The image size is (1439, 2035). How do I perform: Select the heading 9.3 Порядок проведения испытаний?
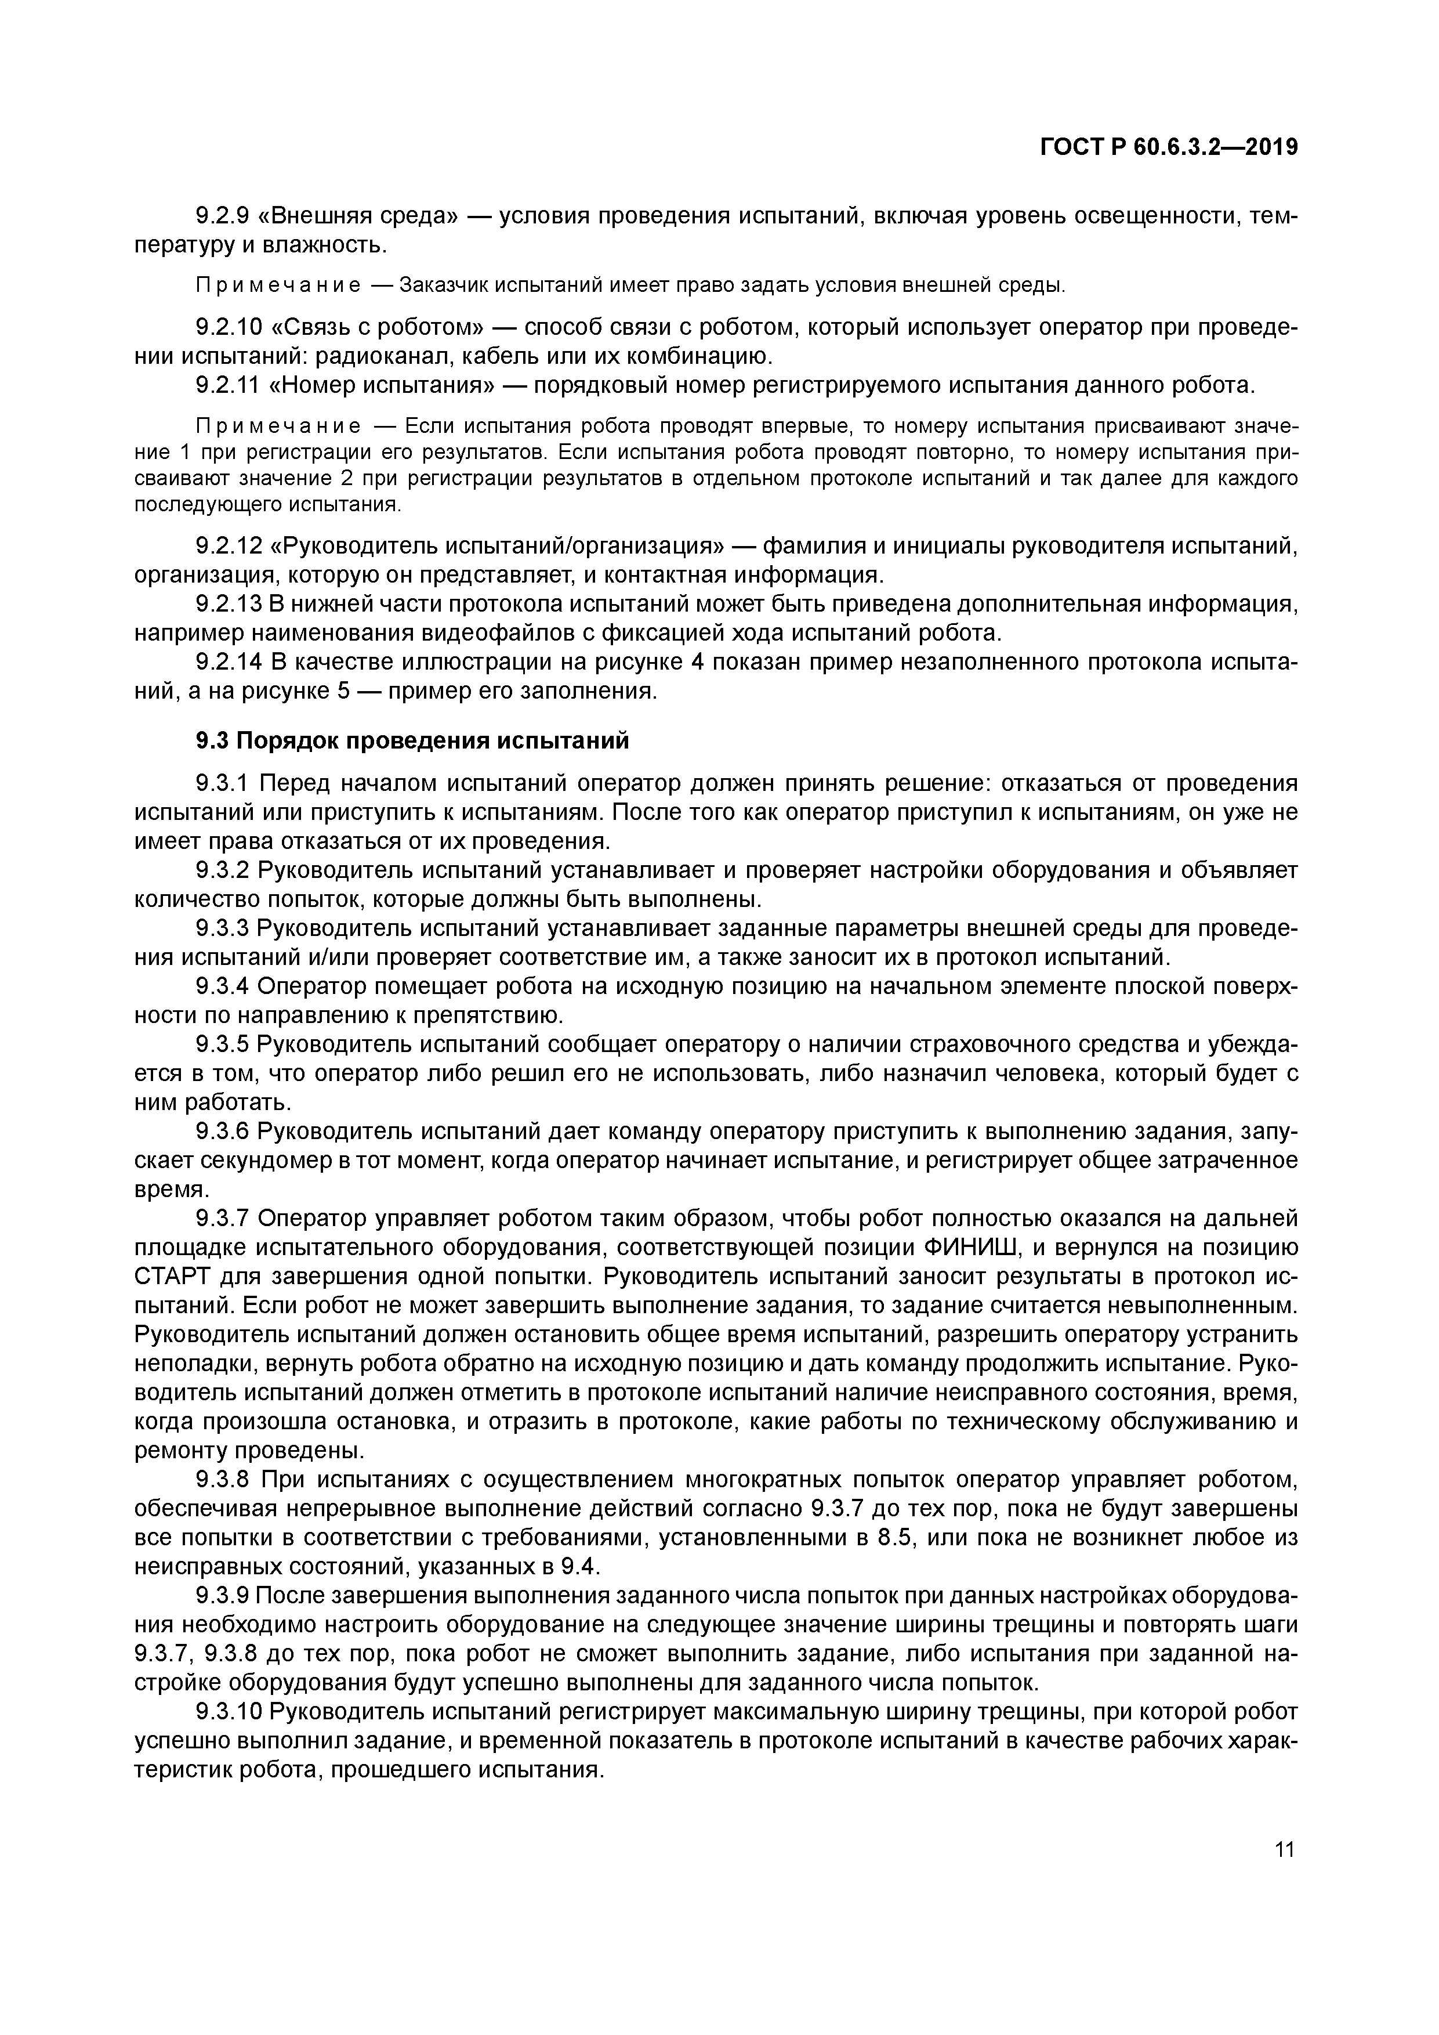pyautogui.click(x=412, y=740)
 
